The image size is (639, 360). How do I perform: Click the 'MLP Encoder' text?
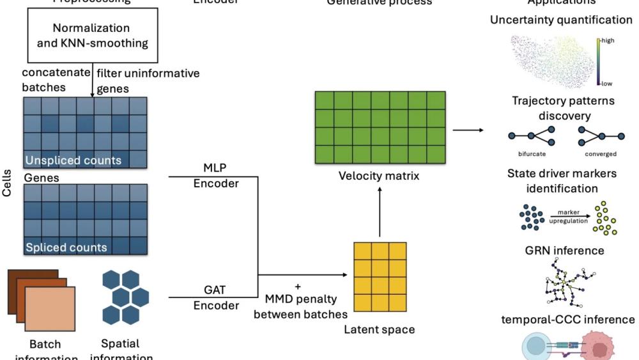(x=215, y=176)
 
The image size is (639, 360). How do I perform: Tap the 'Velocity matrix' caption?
(x=379, y=176)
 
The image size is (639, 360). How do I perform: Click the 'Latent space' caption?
(x=379, y=330)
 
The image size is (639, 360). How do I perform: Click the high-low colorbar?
(x=599, y=61)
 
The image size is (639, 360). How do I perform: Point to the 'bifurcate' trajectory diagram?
(x=532, y=136)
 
